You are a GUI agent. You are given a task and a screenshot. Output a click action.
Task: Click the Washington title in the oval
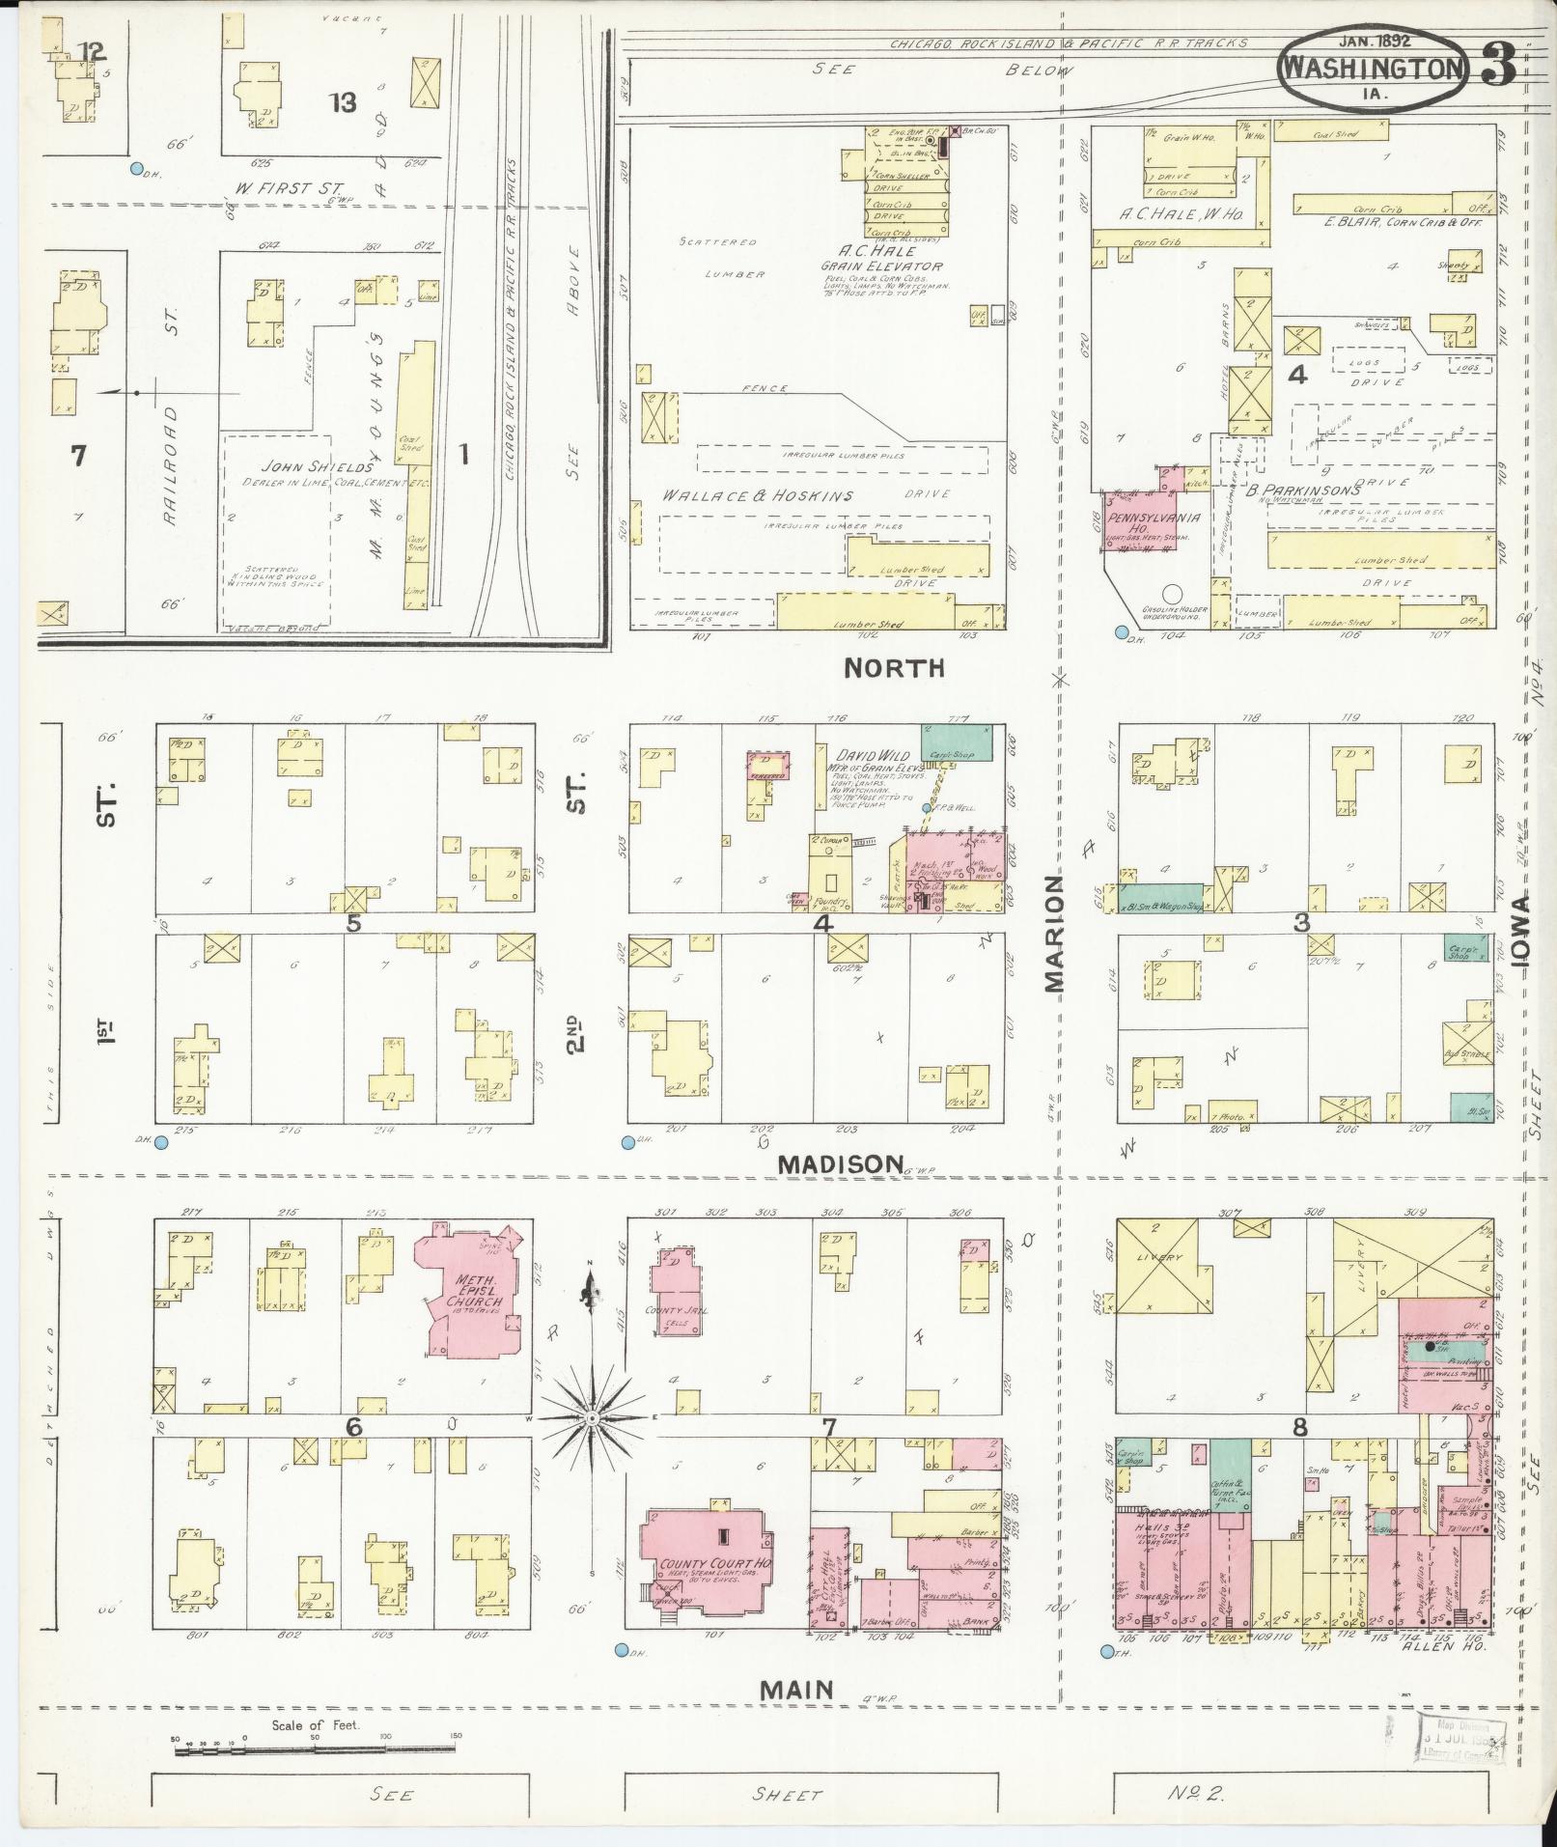click(1371, 68)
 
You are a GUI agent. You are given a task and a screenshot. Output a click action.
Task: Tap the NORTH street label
click(894, 668)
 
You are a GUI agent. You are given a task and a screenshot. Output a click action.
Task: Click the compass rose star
click(592, 1417)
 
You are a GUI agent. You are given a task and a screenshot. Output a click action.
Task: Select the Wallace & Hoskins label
click(757, 495)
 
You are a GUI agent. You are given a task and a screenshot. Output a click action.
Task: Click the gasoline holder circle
click(1173, 595)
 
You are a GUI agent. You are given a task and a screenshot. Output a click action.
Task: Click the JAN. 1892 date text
click(1375, 41)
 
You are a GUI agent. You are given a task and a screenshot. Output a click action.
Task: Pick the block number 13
click(343, 101)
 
